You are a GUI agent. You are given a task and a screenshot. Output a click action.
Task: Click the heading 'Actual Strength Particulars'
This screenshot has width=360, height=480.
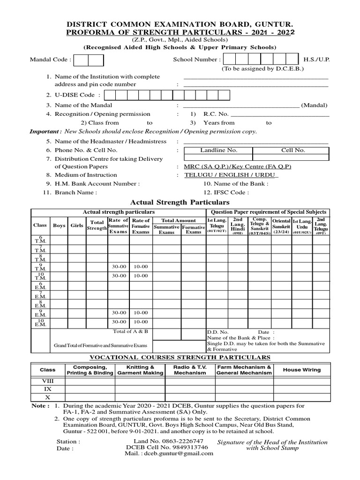[180, 202]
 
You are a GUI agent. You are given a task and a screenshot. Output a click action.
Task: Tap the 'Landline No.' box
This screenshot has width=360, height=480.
[219, 150]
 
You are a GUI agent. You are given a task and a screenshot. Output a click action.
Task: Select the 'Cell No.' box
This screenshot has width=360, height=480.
[293, 150]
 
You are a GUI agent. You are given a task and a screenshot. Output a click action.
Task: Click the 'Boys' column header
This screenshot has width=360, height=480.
[59, 225]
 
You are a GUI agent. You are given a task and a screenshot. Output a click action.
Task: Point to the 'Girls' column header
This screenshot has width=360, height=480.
[77, 225]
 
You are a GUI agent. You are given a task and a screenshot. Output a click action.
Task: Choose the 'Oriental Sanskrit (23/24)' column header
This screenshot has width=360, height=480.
[281, 225]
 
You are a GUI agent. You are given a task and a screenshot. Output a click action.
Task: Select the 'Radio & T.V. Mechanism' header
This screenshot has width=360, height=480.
[190, 370]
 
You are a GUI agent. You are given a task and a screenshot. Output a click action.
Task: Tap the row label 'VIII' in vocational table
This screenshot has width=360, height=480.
[48, 381]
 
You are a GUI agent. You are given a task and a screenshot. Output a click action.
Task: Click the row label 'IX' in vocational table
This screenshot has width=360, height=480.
[48, 389]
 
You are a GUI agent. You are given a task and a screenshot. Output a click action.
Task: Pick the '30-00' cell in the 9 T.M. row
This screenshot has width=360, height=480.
[119, 266]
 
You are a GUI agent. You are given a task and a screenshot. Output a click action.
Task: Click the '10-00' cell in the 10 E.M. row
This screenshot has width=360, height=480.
[141, 322]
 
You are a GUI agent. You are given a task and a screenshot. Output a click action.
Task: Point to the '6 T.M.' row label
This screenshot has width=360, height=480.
[41, 240]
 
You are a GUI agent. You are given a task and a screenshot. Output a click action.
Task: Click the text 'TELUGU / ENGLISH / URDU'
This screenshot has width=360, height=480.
[231, 175]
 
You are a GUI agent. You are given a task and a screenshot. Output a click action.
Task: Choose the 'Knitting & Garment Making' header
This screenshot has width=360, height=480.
[140, 370]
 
